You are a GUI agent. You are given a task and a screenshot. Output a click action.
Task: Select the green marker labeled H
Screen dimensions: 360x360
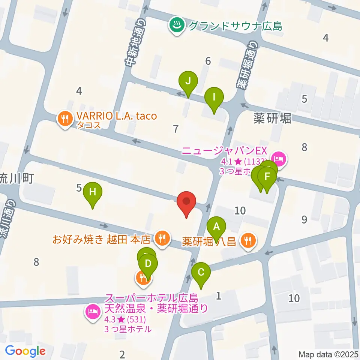[x=93, y=193]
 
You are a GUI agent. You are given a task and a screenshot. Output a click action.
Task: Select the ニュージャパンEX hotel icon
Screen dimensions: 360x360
[x=279, y=158]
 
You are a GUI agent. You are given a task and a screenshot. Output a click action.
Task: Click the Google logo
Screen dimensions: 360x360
[x=25, y=351]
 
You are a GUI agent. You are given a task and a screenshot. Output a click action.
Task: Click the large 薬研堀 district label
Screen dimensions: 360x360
[x=272, y=118]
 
